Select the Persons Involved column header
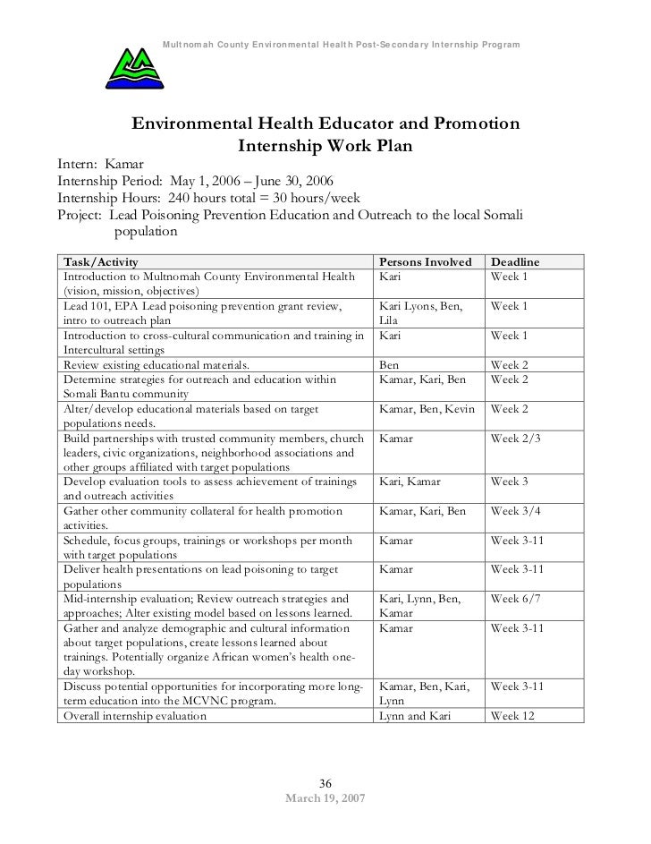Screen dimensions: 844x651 [x=426, y=262]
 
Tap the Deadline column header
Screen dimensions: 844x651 [x=520, y=262]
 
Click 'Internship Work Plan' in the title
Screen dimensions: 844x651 [x=325, y=143]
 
